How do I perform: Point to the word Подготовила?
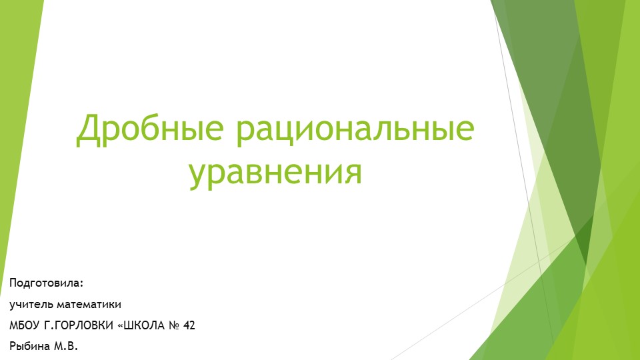tap(47, 283)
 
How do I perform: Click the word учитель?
tap(31, 305)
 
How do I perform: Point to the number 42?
tap(189, 326)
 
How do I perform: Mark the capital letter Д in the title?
tap(89, 131)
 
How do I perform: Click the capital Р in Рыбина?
tap(13, 347)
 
